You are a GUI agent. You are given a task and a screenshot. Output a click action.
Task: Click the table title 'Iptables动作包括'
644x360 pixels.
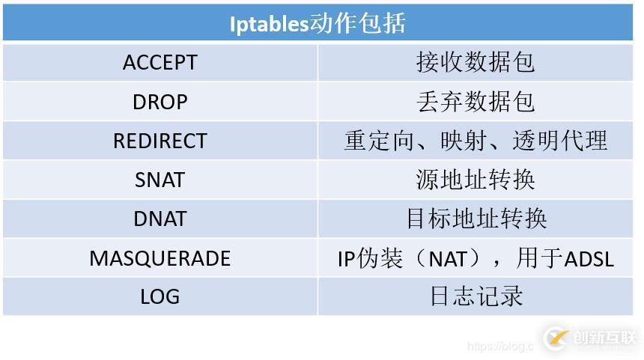pos(318,23)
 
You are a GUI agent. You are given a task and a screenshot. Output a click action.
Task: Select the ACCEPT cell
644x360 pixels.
pos(160,62)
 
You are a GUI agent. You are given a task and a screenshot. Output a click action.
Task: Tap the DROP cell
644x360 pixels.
pos(160,101)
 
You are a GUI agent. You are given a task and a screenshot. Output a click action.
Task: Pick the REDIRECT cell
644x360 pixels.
pos(160,141)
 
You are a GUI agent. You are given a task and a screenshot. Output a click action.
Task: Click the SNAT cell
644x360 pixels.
pos(160,180)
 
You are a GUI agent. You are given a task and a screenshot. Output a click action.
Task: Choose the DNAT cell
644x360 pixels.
pos(160,219)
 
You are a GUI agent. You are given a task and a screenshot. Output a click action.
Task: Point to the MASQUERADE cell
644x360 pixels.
pos(160,258)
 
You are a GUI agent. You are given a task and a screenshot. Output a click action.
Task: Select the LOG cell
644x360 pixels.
pos(160,297)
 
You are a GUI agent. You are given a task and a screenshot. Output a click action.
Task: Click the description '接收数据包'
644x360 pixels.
pos(476,62)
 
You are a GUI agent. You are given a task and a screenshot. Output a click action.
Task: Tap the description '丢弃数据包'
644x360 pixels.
pos(476,101)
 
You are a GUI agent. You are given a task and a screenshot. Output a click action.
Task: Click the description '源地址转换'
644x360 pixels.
pos(476,180)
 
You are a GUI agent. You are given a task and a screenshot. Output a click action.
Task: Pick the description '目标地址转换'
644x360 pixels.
pos(476,219)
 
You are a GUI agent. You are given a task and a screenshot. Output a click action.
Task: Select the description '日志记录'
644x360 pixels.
pos(476,297)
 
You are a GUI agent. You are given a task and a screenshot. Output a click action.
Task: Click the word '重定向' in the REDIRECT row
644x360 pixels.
pos(379,141)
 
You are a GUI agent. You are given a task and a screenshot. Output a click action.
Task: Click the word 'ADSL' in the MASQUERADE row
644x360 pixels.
pos(589,259)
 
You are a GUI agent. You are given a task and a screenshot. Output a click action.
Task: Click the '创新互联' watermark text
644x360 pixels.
pos(604,338)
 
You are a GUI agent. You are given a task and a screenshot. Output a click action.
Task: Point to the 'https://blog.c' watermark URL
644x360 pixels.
pos(499,347)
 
